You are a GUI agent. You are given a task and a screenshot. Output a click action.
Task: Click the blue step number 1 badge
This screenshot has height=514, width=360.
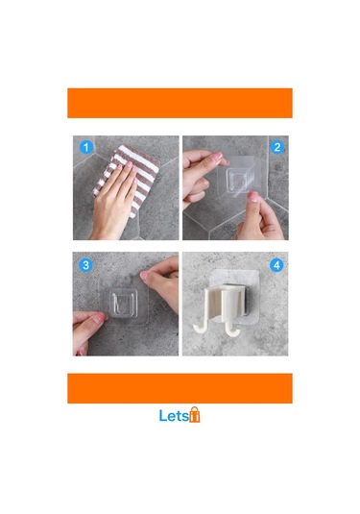tap(86, 147)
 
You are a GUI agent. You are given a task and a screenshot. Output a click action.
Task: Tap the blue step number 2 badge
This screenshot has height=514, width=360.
tap(276, 147)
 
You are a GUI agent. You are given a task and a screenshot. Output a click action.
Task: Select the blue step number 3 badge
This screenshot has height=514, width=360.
tap(85, 265)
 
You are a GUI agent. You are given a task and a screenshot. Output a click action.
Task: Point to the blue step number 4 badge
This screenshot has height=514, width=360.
tap(276, 265)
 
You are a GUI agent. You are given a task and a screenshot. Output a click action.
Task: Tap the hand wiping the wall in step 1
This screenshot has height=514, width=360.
tap(114, 200)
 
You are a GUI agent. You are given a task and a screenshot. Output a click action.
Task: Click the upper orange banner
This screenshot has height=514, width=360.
tap(180, 103)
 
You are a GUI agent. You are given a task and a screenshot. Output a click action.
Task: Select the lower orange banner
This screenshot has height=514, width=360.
tap(180, 388)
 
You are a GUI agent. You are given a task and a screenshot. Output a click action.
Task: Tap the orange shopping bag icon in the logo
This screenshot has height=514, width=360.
tap(195, 415)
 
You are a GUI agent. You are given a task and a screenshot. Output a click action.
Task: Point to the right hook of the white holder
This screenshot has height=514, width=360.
tap(232, 330)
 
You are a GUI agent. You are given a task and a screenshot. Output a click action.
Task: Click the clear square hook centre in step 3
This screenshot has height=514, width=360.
tap(123, 303)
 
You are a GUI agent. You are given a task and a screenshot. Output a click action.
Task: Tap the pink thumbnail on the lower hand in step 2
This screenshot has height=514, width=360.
tap(253, 197)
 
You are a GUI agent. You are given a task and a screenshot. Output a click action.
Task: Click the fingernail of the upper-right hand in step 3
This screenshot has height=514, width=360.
tap(144, 275)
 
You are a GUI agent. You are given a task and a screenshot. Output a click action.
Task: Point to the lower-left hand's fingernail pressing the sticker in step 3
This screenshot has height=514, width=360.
tap(99, 318)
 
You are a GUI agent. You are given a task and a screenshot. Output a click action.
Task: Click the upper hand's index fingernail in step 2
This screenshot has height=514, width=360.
tap(217, 158)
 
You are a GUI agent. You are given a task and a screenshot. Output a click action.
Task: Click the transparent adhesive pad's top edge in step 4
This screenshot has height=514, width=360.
tap(235, 270)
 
